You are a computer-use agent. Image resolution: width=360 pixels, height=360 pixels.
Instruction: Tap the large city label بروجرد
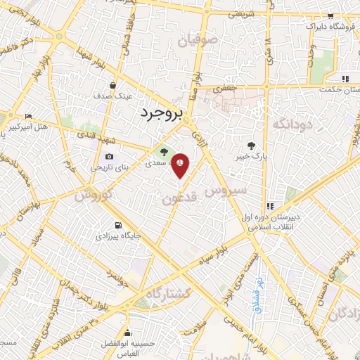tap(161, 112)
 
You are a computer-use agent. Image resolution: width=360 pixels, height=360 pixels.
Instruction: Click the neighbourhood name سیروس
tap(226, 190)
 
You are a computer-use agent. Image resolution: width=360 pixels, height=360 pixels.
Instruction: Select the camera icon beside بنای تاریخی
tap(109, 156)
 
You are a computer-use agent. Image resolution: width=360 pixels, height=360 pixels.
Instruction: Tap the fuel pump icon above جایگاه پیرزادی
tap(117, 226)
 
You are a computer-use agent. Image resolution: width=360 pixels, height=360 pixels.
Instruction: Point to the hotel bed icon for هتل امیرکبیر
tap(28, 116)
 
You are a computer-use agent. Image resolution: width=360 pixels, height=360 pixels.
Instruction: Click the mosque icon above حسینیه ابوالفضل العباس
tap(127, 333)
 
